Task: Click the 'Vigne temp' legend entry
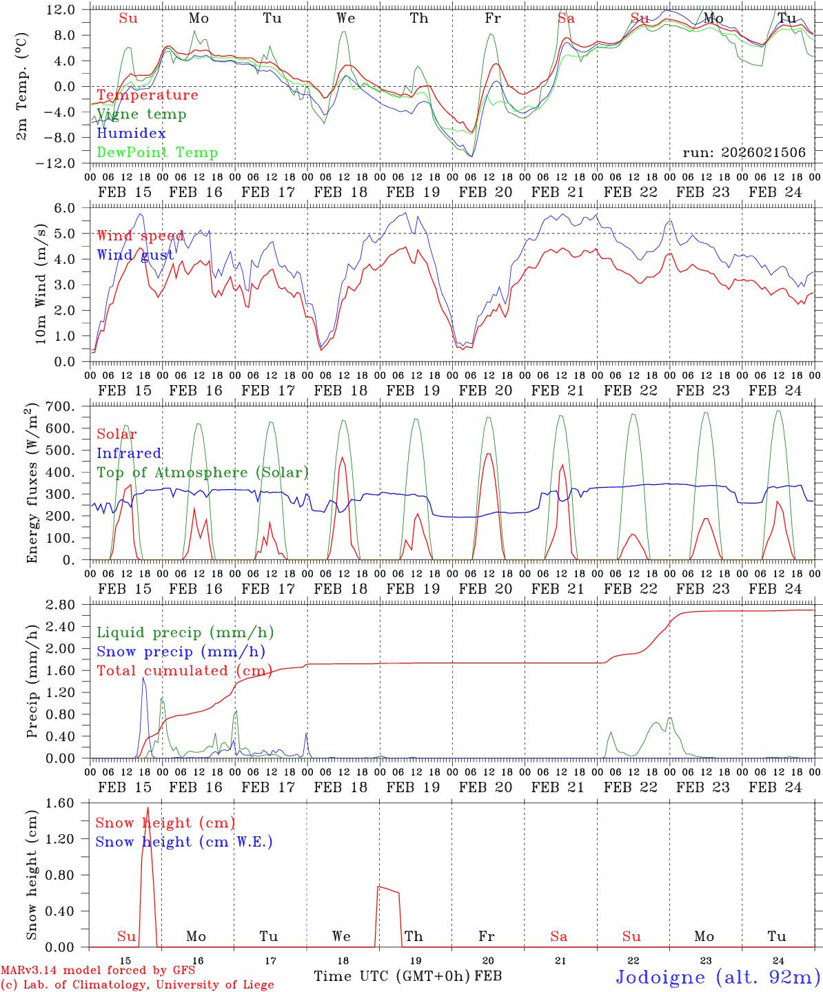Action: tap(141, 114)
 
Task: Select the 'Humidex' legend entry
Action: tap(131, 134)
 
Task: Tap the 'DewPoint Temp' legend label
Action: tap(157, 153)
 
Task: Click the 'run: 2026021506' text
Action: tap(744, 153)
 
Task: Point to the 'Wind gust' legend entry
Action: tap(135, 256)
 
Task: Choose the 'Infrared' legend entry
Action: tap(129, 453)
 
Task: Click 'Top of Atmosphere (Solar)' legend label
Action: tap(203, 473)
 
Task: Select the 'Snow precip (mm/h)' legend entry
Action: tap(181, 652)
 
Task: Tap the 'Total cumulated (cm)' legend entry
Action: tap(184, 671)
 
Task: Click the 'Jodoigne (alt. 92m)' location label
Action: tap(718, 977)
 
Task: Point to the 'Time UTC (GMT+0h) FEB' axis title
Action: tap(407, 976)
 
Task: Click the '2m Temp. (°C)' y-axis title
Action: tap(22, 86)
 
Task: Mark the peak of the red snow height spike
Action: tap(148, 807)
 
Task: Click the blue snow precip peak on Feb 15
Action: tap(143, 678)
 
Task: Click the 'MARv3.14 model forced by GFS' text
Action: tap(98, 971)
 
